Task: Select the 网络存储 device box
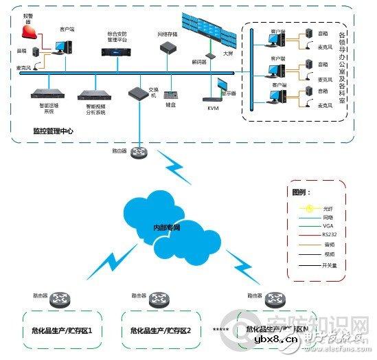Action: [168, 49]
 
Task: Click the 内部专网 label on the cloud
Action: [166, 227]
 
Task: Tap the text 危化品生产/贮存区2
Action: [161, 330]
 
